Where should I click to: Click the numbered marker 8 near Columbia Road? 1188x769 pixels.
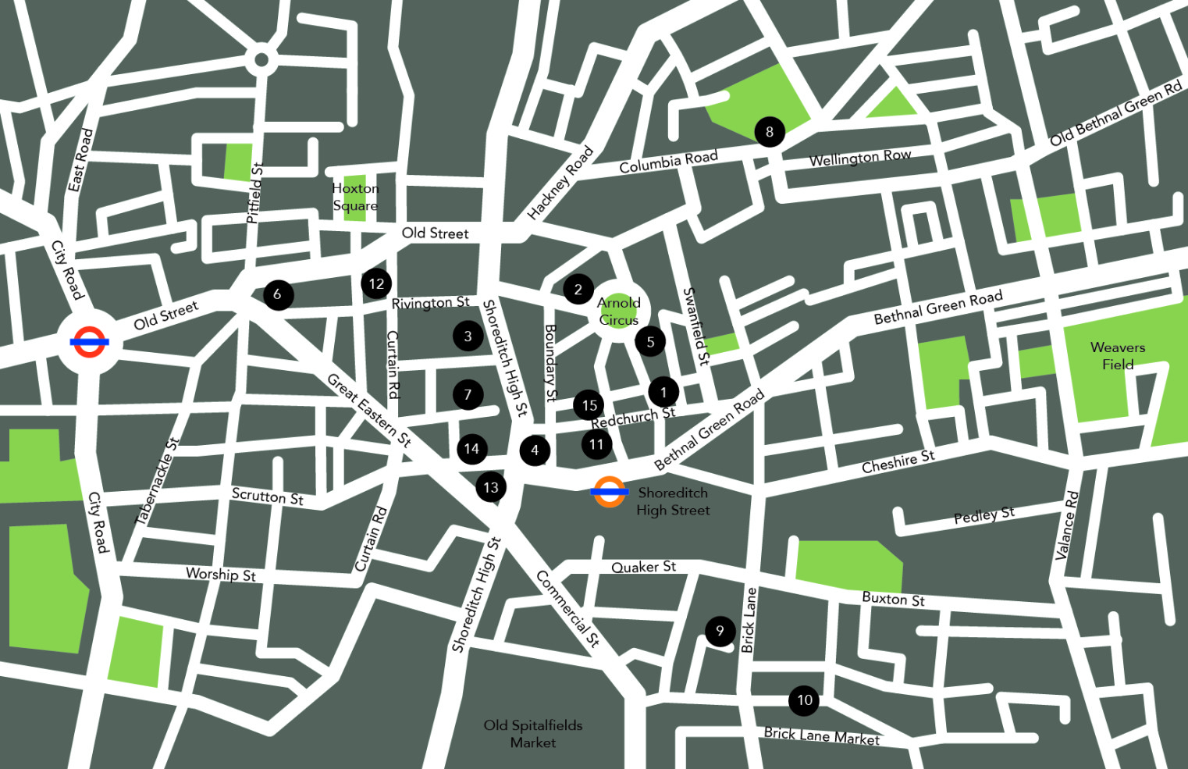769,132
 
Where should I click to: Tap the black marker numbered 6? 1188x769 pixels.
278,294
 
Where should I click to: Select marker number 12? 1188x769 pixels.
376,283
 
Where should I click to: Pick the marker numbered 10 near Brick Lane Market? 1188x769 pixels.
804,700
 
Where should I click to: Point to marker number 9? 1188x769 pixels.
720,631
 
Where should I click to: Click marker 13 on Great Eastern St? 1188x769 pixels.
491,488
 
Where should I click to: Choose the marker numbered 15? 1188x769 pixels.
589,405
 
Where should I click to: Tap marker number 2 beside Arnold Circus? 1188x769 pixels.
578,290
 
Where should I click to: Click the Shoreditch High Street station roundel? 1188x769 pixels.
609,492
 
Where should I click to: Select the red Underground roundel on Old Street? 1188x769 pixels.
89,342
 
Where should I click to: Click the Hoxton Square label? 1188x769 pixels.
355,197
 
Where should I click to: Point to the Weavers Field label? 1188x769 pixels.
1117,356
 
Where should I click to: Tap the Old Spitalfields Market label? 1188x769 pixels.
533,734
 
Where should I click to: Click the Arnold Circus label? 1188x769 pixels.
618,312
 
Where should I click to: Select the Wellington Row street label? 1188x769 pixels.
859,158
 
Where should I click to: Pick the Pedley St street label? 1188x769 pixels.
983,515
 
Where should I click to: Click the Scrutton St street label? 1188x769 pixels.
267,496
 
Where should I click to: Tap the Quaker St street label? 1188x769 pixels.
643,567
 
